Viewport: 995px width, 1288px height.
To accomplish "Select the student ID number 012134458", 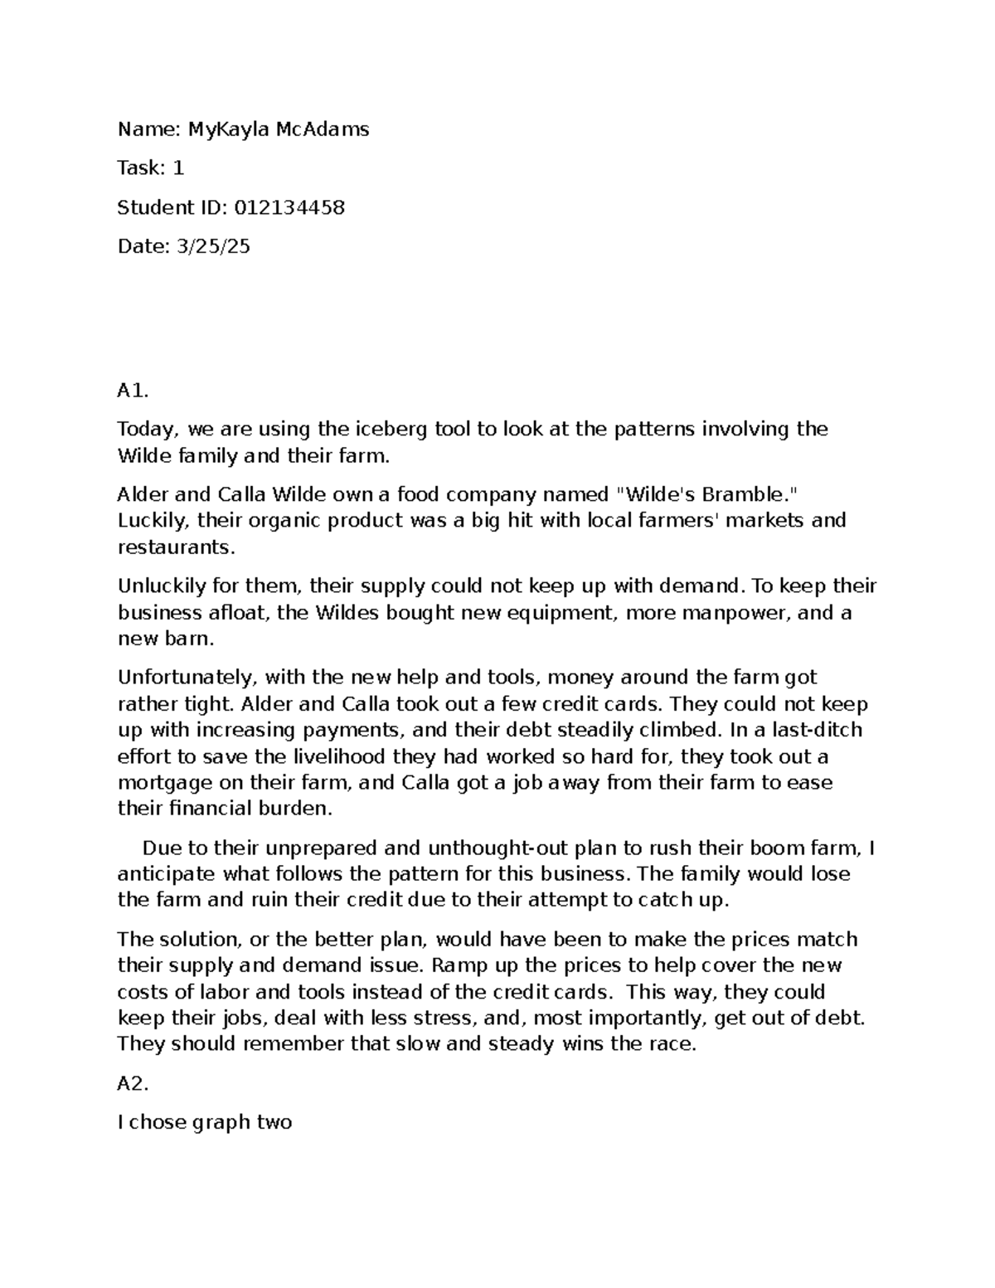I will (x=289, y=207).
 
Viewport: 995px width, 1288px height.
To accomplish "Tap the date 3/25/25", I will (x=212, y=246).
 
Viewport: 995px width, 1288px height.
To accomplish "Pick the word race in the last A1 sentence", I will (x=669, y=1043).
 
